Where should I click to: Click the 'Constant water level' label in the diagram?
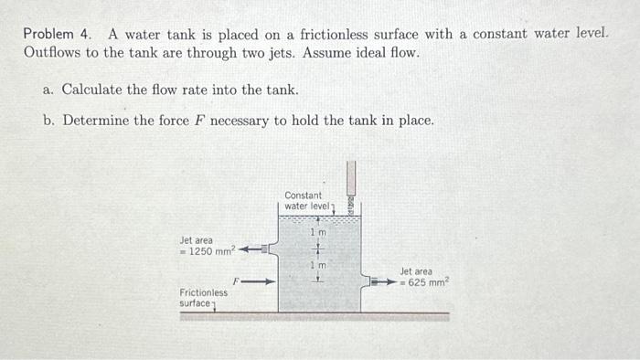coord(304,200)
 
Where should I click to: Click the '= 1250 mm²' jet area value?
coord(208,251)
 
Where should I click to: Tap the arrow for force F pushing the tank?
coord(259,281)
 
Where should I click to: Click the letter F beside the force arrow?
coord(236,281)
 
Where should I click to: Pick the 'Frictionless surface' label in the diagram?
coord(203,298)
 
